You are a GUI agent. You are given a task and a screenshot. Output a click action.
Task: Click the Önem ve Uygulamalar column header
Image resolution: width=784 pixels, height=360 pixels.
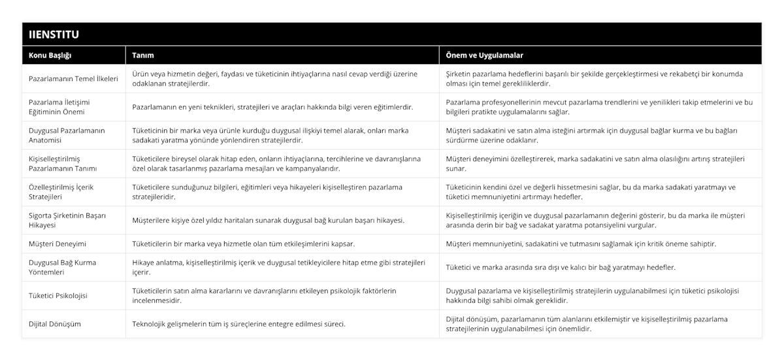(x=484, y=56)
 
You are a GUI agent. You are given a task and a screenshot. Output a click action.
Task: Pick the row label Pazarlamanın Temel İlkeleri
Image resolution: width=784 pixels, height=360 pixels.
(x=74, y=78)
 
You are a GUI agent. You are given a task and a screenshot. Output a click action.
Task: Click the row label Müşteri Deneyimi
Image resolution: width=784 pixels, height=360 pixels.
(x=57, y=244)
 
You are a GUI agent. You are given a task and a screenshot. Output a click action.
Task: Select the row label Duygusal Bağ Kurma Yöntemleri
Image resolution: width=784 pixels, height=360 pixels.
(x=63, y=267)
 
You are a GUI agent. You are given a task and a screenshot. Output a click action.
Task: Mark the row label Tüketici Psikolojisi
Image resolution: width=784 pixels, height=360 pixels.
(x=58, y=295)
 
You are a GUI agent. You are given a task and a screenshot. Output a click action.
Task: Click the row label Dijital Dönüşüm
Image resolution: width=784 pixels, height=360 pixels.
(x=56, y=323)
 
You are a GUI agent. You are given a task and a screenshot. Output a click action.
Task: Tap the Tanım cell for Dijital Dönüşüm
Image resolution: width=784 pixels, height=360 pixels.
(x=239, y=323)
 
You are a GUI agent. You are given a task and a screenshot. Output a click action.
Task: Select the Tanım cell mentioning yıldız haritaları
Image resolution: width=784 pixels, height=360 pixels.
(x=268, y=220)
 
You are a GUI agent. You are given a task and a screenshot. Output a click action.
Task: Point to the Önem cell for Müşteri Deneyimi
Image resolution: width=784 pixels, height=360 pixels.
(x=581, y=244)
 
